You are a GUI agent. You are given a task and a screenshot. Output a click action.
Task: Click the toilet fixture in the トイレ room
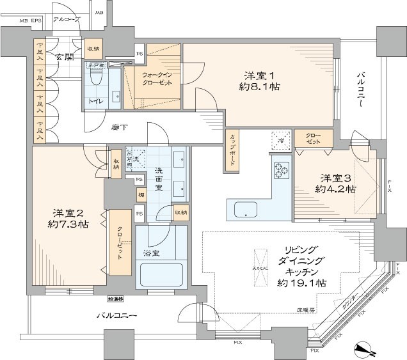pos(96,78)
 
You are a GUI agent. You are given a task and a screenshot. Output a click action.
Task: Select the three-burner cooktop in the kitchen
pos(282,169)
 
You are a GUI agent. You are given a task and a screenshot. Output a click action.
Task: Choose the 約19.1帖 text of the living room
pos(300,282)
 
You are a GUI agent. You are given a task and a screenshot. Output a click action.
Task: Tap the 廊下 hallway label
pos(116,127)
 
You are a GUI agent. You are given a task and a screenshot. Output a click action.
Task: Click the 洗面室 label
pos(161,178)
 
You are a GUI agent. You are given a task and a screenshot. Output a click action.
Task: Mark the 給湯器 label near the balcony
pos(116,299)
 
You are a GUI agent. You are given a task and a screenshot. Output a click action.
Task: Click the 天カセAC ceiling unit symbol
pos(261,255)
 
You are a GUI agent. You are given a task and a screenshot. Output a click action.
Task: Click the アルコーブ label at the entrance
pos(67,20)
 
